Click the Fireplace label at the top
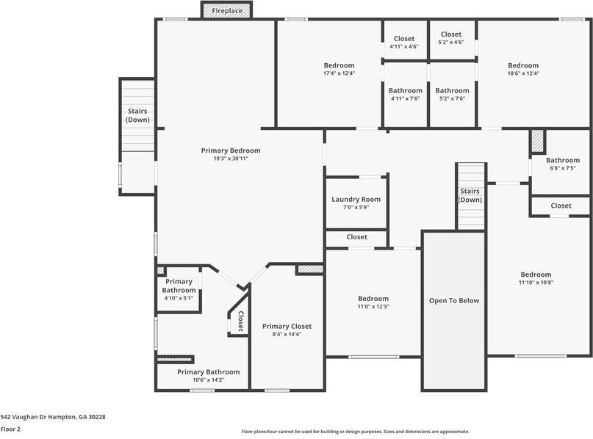pyautogui.click(x=227, y=11)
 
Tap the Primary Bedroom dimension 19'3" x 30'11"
pyautogui.click(x=231, y=159)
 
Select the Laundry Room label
pyautogui.click(x=356, y=199)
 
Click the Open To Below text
pyautogui.click(x=454, y=301)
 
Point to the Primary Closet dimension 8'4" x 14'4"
pyautogui.click(x=287, y=334)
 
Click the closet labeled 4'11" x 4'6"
pyautogui.click(x=404, y=43)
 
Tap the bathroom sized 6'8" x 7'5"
pyautogui.click(x=562, y=163)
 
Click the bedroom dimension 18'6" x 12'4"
pyautogui.click(x=523, y=73)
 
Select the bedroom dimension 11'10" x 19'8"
pyautogui.click(x=536, y=282)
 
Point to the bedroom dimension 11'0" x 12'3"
pyautogui.click(x=373, y=306)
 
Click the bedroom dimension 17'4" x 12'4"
pyautogui.click(x=339, y=73)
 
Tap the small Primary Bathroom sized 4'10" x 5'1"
pyautogui.click(x=179, y=289)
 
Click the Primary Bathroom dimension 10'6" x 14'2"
pyautogui.click(x=209, y=380)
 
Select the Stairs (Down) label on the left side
pyautogui.click(x=137, y=115)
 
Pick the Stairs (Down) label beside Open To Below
pyautogui.click(x=470, y=195)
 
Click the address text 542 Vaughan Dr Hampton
pyautogui.click(x=38, y=417)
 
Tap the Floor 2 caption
pyautogui.click(x=10, y=429)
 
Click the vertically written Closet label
pyautogui.click(x=240, y=321)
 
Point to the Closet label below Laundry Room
pyautogui.click(x=356, y=237)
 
